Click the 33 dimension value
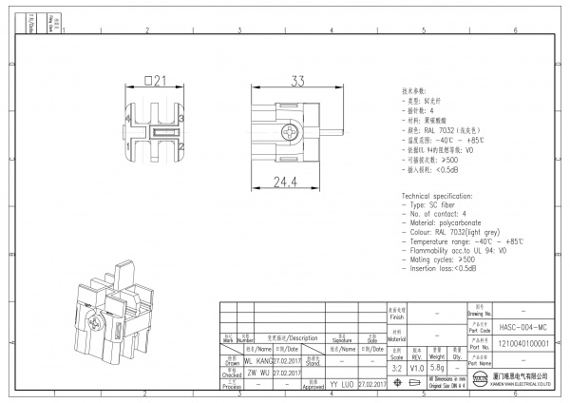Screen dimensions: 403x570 [297, 81]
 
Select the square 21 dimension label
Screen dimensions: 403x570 [155, 81]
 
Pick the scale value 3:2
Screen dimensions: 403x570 [397, 366]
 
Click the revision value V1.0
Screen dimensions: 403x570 [417, 366]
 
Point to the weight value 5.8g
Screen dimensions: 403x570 [437, 366]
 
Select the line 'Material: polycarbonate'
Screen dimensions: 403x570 [449, 223]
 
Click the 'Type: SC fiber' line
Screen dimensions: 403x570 [433, 205]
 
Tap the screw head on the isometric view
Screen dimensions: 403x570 [92, 324]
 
